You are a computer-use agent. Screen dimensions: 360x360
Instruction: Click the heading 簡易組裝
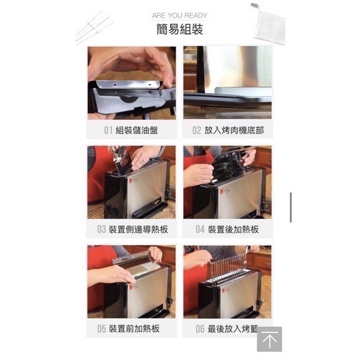(x=179, y=30)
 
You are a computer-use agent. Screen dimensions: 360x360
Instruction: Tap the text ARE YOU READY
(x=179, y=14)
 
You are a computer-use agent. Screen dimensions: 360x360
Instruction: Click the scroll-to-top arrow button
(x=269, y=340)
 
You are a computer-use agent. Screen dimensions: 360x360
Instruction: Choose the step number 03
(x=102, y=230)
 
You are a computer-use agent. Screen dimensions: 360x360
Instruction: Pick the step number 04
(x=200, y=230)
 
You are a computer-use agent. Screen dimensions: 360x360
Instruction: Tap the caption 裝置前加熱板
(x=136, y=329)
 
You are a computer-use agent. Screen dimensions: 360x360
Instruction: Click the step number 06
(x=200, y=329)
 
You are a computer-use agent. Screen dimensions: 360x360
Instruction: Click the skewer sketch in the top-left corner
(x=95, y=27)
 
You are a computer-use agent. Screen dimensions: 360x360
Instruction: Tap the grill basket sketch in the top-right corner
(x=269, y=24)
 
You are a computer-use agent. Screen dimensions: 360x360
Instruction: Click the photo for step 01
(x=131, y=82)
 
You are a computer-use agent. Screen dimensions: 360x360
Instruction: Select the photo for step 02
(x=227, y=82)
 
